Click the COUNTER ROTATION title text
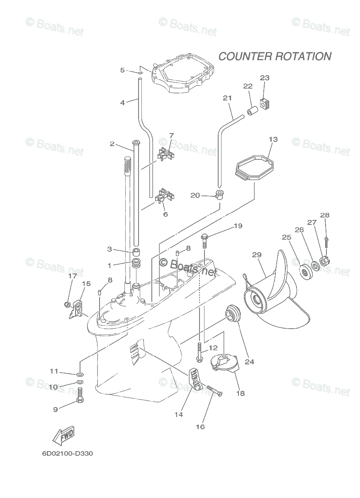[x=275, y=56]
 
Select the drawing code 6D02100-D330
[x=67, y=454]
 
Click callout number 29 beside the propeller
[x=256, y=255]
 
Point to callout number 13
[x=273, y=139]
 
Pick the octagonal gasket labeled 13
[x=253, y=168]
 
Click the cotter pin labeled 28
[x=327, y=241]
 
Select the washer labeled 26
[x=315, y=264]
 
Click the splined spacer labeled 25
[x=306, y=271]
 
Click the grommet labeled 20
[x=219, y=194]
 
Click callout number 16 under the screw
[x=200, y=426]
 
